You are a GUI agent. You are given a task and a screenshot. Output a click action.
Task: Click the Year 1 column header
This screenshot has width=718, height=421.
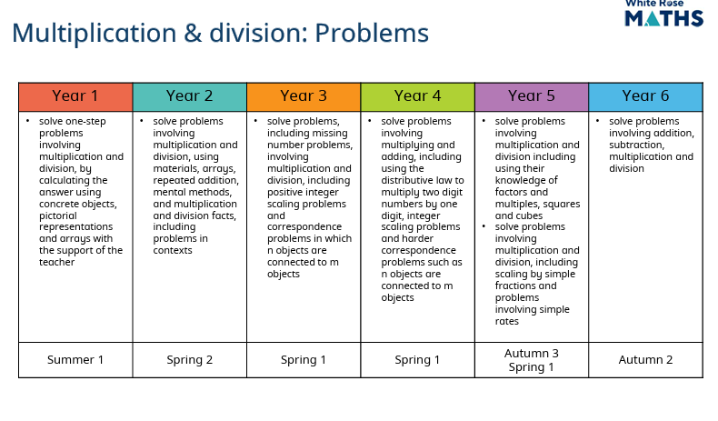(x=75, y=96)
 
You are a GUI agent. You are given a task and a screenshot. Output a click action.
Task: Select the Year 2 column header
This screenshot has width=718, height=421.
(x=190, y=96)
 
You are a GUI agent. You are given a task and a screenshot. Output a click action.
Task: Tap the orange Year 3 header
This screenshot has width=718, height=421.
(x=304, y=96)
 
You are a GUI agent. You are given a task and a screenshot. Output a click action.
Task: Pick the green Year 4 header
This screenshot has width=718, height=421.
(x=417, y=96)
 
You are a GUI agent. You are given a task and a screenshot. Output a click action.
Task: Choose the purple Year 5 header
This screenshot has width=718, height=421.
(x=532, y=96)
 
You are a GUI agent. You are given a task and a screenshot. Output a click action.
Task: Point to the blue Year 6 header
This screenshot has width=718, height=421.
(x=645, y=96)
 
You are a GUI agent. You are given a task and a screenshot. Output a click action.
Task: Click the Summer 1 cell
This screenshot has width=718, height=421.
(x=75, y=360)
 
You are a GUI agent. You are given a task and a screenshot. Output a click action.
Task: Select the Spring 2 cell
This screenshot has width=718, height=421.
(x=190, y=360)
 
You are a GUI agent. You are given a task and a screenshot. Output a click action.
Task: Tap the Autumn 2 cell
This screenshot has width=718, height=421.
(x=645, y=360)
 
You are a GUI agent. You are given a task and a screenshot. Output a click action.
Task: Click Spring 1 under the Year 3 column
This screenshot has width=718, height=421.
(x=304, y=360)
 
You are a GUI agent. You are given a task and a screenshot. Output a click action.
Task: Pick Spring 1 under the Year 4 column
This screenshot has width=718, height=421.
(x=417, y=360)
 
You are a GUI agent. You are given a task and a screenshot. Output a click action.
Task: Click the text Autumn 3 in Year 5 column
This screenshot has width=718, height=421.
(x=532, y=353)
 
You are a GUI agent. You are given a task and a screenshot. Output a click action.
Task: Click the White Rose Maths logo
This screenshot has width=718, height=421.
(x=664, y=14)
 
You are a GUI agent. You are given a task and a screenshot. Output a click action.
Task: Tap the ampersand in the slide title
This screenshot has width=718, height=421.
(x=193, y=34)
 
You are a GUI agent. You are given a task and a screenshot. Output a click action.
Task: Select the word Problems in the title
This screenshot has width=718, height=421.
(x=372, y=34)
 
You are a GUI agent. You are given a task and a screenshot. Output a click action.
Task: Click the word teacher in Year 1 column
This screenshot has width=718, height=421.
(x=56, y=262)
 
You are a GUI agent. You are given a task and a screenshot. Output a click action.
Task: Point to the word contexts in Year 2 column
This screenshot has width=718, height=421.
(x=173, y=250)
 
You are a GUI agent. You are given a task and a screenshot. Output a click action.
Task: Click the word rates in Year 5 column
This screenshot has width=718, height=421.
(x=507, y=321)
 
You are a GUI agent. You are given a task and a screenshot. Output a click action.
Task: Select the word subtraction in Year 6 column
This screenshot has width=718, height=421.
(x=636, y=145)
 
